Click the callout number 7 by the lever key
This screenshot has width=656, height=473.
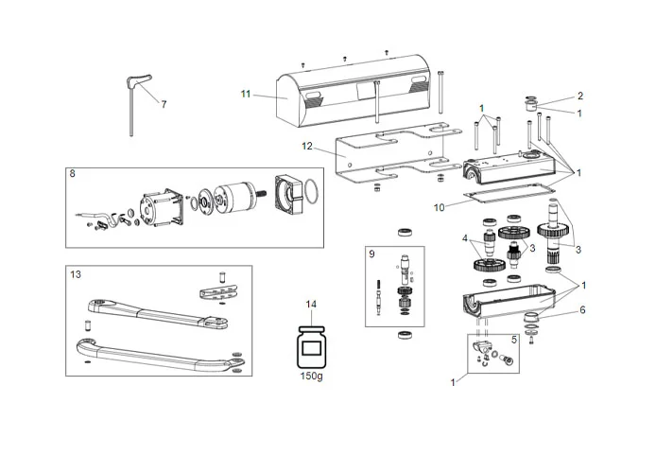click(163, 104)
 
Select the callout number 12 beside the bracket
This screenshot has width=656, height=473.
click(306, 146)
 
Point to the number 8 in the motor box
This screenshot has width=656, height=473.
click(73, 174)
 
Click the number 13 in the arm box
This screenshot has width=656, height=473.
click(76, 273)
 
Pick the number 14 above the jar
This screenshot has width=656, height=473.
click(310, 304)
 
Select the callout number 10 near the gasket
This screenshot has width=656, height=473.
click(438, 205)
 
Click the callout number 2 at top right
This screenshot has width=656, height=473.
click(580, 96)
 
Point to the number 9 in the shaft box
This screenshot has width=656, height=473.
click(372, 254)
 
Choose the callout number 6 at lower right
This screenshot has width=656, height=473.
click(582, 309)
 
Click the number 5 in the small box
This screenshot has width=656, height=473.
click(513, 339)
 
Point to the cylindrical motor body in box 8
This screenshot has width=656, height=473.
click(232, 198)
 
